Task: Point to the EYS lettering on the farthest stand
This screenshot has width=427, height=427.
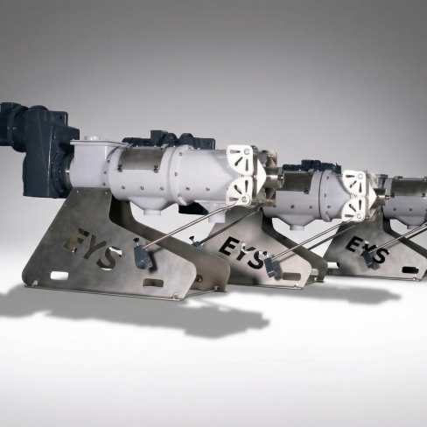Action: [x=367, y=249]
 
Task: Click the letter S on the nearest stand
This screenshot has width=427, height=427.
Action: [x=108, y=257]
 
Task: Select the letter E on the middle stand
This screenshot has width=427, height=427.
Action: [x=228, y=247]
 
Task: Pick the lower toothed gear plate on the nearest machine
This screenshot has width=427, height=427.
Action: [x=239, y=190]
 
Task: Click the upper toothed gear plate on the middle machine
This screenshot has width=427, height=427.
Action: [x=354, y=183]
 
